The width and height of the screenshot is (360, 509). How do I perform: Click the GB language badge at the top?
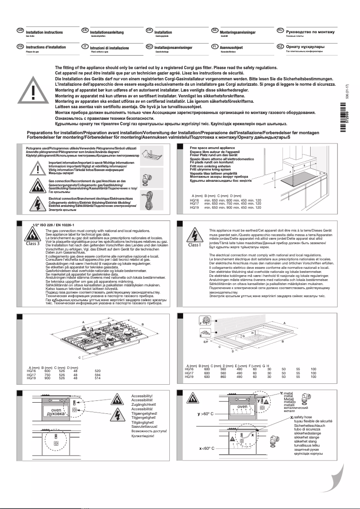coord(20,30)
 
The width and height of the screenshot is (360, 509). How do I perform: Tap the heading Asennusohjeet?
coord(232,47)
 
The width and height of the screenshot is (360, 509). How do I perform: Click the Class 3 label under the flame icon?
coord(32,244)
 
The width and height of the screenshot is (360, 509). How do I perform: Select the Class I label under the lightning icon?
coord(194,245)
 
